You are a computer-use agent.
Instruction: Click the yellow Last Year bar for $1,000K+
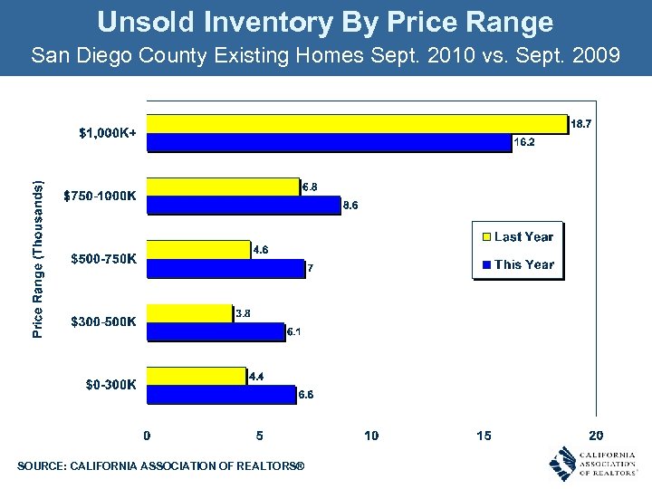click(357, 123)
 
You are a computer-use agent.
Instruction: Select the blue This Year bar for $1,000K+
click(329, 142)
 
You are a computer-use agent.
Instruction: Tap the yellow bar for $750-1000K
click(223, 187)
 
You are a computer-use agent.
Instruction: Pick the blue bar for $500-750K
click(225, 268)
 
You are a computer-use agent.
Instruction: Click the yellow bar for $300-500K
click(189, 313)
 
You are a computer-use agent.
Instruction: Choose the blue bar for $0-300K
click(221, 394)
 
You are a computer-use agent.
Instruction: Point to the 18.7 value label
click(581, 125)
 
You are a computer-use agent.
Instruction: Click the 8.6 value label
click(350, 206)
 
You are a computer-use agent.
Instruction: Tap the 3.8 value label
click(243, 313)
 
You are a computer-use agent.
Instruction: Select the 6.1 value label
click(293, 332)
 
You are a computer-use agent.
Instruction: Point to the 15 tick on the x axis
click(484, 436)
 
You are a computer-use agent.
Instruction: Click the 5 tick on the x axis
click(260, 436)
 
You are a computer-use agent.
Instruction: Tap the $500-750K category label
click(104, 259)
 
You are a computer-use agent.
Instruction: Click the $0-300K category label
click(110, 384)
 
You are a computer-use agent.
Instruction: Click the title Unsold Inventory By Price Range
click(325, 22)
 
